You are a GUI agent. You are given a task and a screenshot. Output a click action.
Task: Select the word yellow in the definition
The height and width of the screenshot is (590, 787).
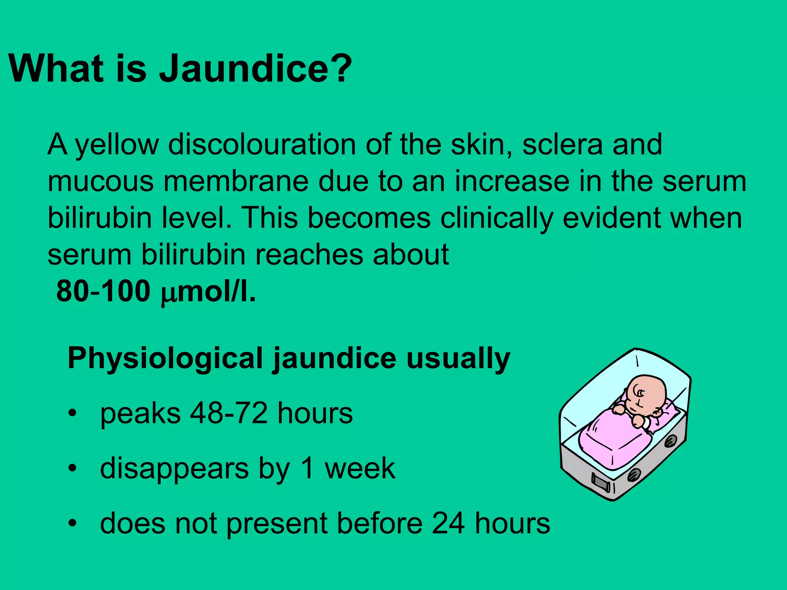117,145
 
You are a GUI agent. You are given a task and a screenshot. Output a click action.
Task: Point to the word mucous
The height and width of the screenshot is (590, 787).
101,182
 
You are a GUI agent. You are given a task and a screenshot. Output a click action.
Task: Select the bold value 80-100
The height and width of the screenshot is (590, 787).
103,291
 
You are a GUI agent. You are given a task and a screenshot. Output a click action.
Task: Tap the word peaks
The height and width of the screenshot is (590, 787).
140,414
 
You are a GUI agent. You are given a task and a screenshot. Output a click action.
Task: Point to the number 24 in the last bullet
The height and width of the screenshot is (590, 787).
448,523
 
